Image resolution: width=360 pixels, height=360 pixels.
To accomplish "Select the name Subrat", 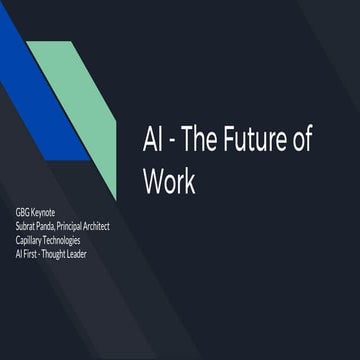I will [x=28, y=227].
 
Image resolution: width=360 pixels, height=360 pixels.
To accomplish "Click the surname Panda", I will [x=59, y=227].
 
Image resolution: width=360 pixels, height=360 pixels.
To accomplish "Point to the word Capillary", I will [x=33, y=240].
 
